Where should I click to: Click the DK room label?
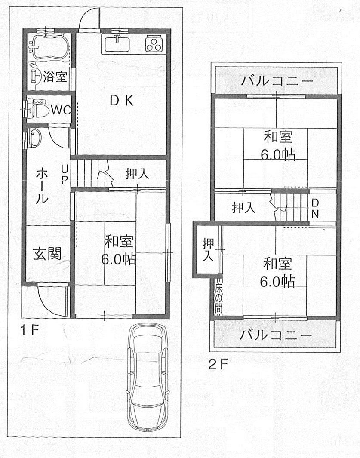point(122,101)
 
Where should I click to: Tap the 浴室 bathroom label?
point(55,77)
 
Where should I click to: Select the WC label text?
point(61,110)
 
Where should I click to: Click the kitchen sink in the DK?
point(117,43)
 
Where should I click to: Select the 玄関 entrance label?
point(47,254)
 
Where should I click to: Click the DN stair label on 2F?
point(315,208)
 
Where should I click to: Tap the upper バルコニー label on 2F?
point(277,81)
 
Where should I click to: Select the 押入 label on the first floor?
point(137,174)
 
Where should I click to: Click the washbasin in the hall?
point(34,138)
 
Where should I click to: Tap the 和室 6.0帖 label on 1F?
point(119,251)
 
